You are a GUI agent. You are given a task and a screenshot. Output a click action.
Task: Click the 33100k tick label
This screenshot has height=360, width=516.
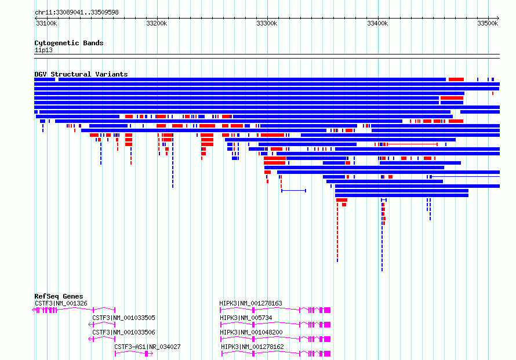click(46, 23)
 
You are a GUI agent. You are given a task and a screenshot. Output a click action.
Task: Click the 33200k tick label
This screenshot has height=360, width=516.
click(157, 23)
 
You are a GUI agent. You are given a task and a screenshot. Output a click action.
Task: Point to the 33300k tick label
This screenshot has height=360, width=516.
click(267, 23)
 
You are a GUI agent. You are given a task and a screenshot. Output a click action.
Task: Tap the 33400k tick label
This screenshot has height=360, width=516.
click(377, 23)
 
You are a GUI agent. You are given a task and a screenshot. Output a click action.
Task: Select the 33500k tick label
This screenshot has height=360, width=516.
click(488, 23)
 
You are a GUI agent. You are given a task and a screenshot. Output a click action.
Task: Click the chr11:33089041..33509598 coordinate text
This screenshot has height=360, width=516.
click(77, 12)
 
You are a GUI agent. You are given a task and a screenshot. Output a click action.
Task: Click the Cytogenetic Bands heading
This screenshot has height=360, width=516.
click(69, 43)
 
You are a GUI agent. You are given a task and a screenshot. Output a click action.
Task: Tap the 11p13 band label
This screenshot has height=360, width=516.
click(43, 50)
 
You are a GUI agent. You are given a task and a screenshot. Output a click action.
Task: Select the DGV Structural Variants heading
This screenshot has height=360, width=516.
click(81, 74)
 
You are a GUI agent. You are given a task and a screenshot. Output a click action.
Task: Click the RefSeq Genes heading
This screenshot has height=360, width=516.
click(59, 296)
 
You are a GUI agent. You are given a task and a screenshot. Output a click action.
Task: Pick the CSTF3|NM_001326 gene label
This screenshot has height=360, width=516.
click(61, 303)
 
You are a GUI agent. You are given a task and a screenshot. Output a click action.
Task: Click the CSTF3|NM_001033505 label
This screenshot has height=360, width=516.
click(123, 318)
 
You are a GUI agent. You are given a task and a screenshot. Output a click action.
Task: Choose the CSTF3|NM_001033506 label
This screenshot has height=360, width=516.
click(123, 332)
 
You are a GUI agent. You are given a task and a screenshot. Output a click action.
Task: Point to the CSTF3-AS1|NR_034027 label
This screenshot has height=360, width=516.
click(147, 347)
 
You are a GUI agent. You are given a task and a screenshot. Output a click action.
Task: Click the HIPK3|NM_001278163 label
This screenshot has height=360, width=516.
click(251, 303)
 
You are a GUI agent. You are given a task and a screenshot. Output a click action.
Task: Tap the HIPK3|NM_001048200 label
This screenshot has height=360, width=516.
click(251, 332)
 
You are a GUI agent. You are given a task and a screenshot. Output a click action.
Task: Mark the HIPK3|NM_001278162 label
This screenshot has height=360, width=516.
click(252, 347)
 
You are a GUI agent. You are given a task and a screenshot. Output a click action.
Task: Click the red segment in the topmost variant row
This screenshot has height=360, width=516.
click(456, 79)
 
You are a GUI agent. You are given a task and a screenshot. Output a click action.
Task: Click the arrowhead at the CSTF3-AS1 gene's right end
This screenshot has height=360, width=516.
click(152, 354)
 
